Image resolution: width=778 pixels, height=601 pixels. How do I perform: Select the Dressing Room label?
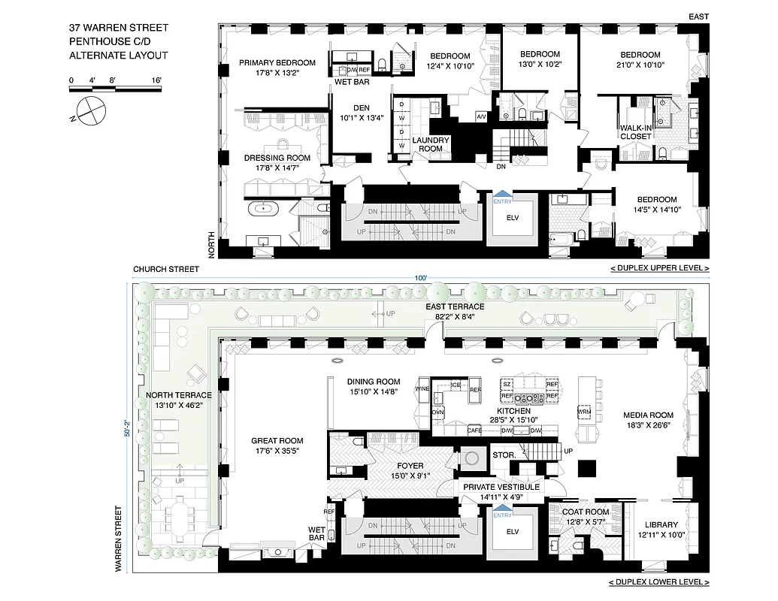(x=277, y=158)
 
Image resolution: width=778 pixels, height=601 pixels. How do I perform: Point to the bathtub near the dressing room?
(x=264, y=208)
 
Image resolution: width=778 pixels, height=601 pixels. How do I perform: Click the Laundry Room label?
(x=431, y=144)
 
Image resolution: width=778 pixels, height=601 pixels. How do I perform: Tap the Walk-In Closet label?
(x=635, y=133)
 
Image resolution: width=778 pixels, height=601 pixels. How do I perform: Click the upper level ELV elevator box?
(x=513, y=219)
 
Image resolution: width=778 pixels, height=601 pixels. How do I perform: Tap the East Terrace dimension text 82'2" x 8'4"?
(x=454, y=317)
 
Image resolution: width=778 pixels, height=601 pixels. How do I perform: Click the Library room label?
(x=661, y=524)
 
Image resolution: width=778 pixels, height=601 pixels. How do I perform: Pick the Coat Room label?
(x=586, y=512)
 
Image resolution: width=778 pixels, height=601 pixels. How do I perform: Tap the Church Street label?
(x=166, y=269)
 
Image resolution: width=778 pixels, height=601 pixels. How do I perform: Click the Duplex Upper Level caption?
(x=659, y=268)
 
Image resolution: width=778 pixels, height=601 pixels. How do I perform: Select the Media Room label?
(x=648, y=415)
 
